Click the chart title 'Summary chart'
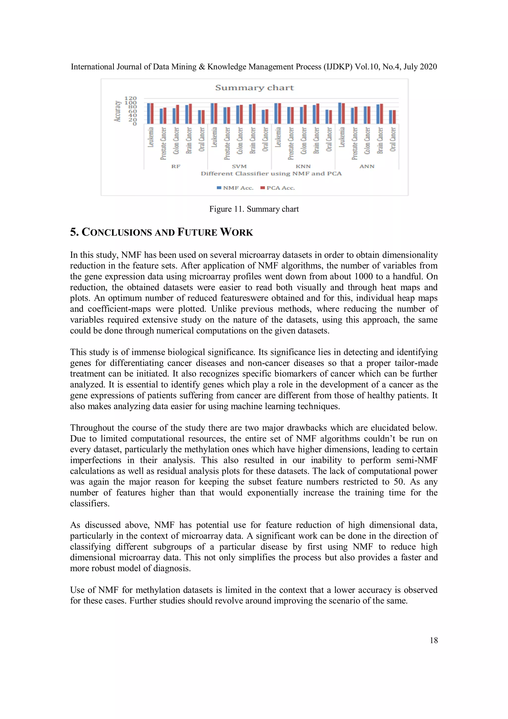[x=254, y=88]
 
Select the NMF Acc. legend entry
[x=235, y=188]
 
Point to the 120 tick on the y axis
[x=130, y=98]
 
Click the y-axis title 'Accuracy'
[x=118, y=111]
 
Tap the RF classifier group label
[x=176, y=166]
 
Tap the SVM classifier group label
[x=239, y=166]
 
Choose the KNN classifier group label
[x=303, y=166]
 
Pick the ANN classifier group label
[x=367, y=166]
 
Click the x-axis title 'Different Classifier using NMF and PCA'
[x=271, y=174]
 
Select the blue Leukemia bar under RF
[x=149, y=113]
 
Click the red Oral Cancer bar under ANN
[x=394, y=117]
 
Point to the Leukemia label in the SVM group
[x=214, y=137]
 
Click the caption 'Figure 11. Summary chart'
[x=254, y=209]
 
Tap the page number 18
[x=434, y=641]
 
